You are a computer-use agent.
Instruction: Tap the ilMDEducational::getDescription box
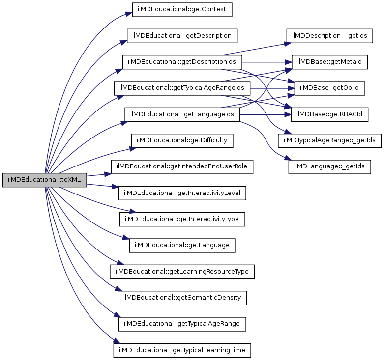click(182, 36)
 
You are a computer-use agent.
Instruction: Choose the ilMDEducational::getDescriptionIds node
click(182, 62)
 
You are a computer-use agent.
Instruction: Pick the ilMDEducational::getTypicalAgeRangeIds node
click(182, 88)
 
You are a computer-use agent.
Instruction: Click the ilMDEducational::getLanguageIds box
click(182, 114)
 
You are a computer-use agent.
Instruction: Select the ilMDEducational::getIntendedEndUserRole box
click(182, 167)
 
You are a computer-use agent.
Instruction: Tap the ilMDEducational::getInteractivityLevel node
click(182, 193)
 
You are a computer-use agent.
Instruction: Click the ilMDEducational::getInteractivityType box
click(182, 219)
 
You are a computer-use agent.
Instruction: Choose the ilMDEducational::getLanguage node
click(182, 245)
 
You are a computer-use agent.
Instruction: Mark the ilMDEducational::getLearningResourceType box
click(182, 271)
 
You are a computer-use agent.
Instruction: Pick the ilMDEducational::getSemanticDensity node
click(182, 298)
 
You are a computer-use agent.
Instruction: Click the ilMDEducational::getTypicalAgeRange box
click(182, 324)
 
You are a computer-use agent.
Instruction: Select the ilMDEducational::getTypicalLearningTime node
click(182, 350)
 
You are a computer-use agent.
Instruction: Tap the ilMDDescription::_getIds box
click(329, 36)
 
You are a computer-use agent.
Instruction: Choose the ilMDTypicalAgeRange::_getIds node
click(329, 140)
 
